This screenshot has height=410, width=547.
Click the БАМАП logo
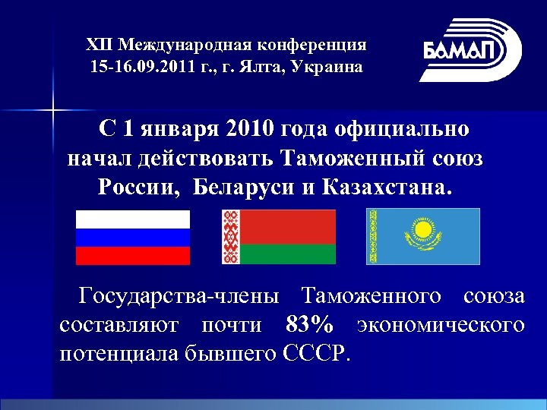(x=471, y=50)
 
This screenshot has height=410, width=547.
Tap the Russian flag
(x=132, y=237)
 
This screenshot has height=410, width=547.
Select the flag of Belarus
(x=278, y=237)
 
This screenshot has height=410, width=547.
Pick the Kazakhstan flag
(x=424, y=237)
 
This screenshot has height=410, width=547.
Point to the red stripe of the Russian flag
(x=132, y=255)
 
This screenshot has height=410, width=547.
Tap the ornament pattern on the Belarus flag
(x=230, y=237)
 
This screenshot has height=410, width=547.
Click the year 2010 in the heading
(x=249, y=128)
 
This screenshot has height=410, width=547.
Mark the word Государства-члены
(x=179, y=295)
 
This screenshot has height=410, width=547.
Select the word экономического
(x=440, y=324)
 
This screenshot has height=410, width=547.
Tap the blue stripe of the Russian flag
(x=132, y=237)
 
